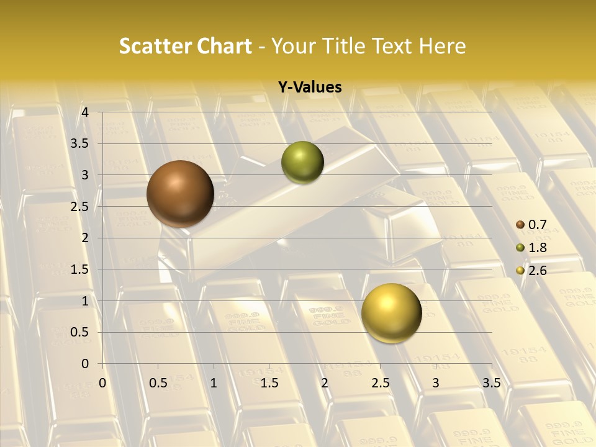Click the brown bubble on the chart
181,194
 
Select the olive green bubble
302,163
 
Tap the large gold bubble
391,313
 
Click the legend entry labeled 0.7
532,225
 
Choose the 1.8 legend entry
532,248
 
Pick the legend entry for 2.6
532,271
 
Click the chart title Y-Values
309,88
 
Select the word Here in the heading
442,46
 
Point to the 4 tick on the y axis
86,112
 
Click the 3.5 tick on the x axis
491,382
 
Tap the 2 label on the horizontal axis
325,382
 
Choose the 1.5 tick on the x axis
269,382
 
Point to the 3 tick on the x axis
436,382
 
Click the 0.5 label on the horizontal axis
158,382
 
